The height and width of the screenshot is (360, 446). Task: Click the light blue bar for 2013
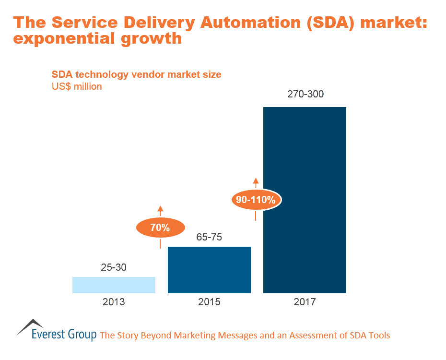click(x=114, y=285)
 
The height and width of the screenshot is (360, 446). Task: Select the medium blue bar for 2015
click(x=209, y=270)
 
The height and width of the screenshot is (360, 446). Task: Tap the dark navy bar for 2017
click(x=305, y=200)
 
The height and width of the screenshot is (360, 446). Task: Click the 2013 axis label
click(x=114, y=302)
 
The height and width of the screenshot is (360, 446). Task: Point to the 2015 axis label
click(x=209, y=302)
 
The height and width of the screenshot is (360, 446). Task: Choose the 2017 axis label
click(x=305, y=302)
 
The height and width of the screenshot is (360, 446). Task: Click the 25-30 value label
click(x=114, y=268)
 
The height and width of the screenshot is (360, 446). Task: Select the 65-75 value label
click(x=209, y=237)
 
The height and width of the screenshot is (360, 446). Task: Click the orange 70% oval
click(x=160, y=228)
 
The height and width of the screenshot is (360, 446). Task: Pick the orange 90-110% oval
click(x=256, y=200)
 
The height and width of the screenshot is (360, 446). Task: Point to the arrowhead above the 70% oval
click(x=160, y=209)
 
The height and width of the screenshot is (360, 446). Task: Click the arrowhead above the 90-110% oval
click(x=256, y=181)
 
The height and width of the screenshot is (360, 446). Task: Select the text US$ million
click(x=77, y=87)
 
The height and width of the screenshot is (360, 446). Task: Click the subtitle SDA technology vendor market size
click(x=136, y=75)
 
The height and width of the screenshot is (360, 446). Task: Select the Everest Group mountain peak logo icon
click(x=30, y=326)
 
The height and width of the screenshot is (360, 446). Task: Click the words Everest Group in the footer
click(x=64, y=335)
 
